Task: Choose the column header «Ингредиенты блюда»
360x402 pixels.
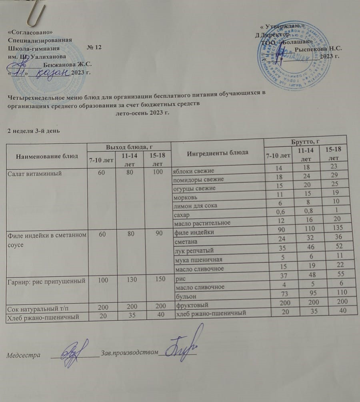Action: [x=217, y=153]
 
